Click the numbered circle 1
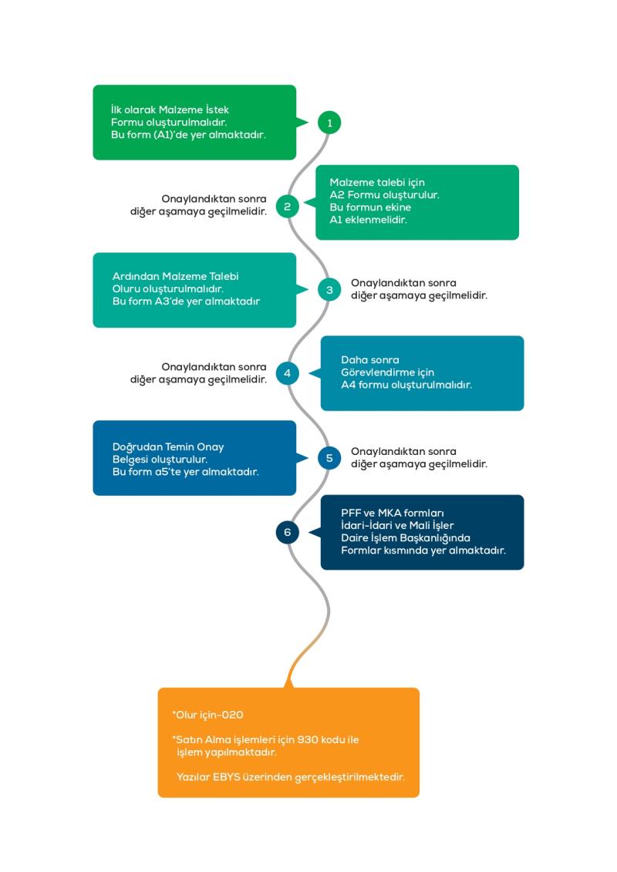point(329,123)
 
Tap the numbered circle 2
point(287,207)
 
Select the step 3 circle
point(329,290)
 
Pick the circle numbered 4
point(287,373)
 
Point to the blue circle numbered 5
point(329,458)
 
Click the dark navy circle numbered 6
point(287,532)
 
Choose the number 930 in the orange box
point(308,739)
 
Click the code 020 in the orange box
point(233,715)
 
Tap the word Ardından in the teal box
point(135,276)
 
